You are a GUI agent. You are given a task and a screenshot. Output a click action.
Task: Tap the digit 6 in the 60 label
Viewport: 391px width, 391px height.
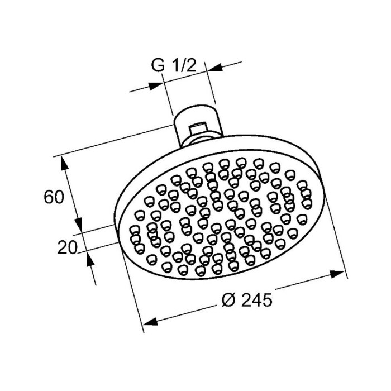[50, 197]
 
